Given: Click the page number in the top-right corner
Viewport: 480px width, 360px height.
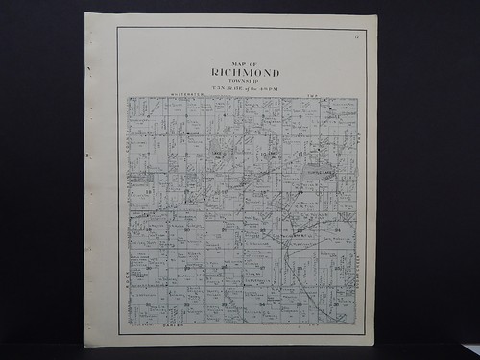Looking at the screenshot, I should coord(355,36).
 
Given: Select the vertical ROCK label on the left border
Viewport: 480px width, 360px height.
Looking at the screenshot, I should coord(125,278).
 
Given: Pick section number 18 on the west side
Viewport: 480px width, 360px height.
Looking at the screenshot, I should coord(149,193).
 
